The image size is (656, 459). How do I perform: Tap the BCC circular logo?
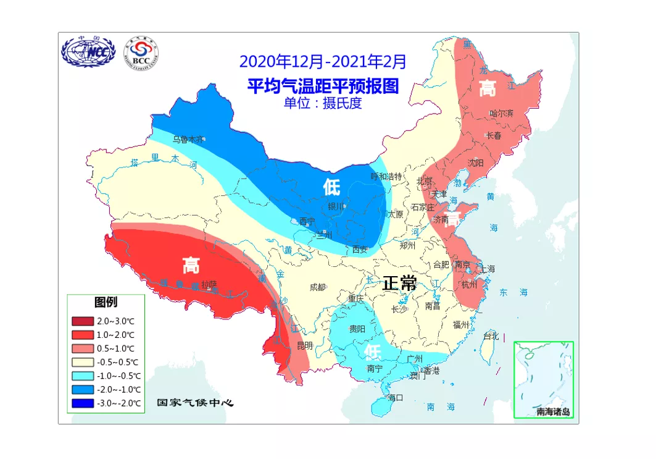141,53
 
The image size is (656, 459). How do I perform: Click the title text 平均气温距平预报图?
323,85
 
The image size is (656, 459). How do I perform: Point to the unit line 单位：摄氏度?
322,103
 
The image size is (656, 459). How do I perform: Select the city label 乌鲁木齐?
188,140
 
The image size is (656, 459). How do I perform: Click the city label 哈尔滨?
501,113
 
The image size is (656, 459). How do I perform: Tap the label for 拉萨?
209,284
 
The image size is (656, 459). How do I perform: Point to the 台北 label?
491,337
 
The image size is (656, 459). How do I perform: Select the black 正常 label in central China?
399,283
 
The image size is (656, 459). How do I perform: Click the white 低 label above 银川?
331,187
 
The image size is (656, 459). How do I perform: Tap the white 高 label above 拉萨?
191,265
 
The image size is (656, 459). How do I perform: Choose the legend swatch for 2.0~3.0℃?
82,321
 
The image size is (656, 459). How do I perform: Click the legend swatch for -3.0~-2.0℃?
82,403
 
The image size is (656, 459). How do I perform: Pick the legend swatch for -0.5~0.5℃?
82,362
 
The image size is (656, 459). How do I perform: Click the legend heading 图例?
106,303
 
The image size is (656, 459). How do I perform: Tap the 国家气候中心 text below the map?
195,403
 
